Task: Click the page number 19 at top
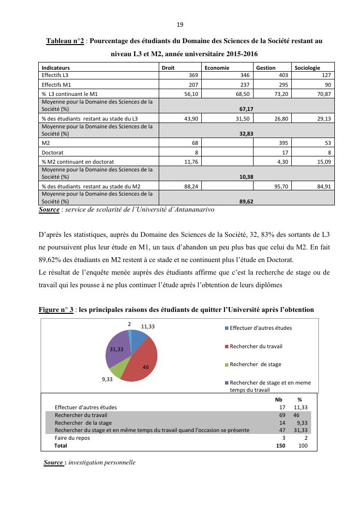180,25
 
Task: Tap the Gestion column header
266,68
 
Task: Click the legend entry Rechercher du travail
256,346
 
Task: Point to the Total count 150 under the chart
281,446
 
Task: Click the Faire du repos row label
72,438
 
